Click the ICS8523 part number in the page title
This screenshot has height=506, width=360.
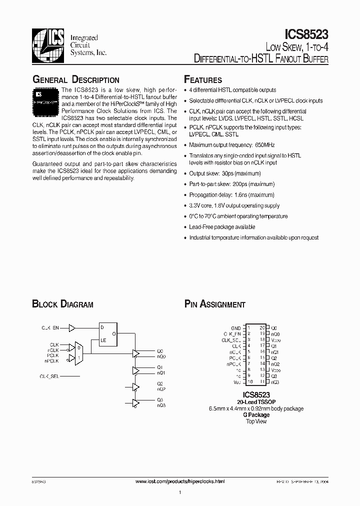pos(306,34)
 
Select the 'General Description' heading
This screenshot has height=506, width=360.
pos(76,80)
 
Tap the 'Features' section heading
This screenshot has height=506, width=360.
pos(203,80)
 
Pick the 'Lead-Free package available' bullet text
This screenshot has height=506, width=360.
pos(222,226)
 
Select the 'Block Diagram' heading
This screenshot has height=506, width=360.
pos(63,304)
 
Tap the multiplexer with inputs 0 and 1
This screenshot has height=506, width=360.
pos(78,353)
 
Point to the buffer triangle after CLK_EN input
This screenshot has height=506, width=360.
pos(72,328)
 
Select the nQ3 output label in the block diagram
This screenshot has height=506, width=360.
pos(161,405)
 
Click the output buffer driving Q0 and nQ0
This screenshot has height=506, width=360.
pos(135,353)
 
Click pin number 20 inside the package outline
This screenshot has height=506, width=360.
pos(262,327)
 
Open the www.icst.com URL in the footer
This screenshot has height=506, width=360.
pos(180,481)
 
